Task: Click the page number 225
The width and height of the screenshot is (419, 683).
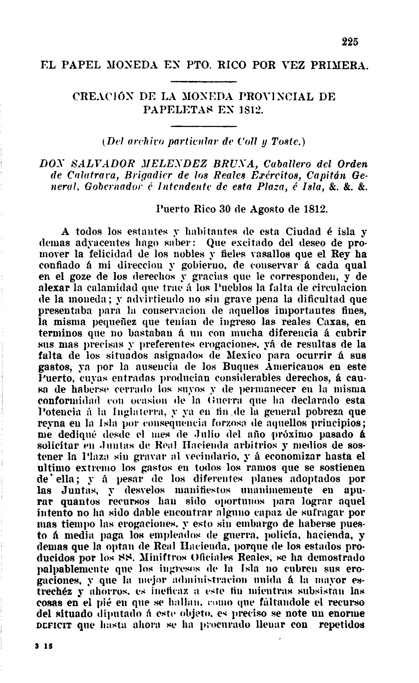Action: coord(350,42)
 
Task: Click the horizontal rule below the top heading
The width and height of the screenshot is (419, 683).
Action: coord(203,82)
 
